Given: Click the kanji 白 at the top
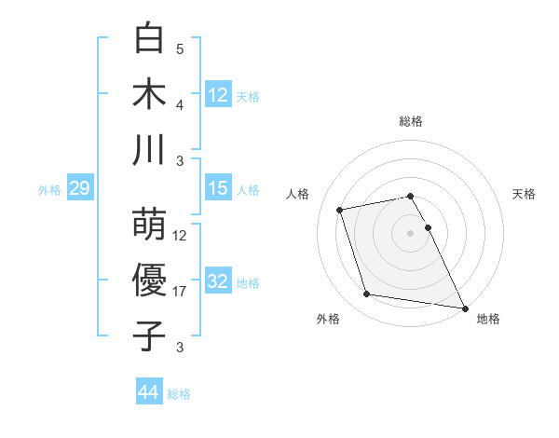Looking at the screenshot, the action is (x=150, y=39).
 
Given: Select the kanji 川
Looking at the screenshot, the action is (x=150, y=151).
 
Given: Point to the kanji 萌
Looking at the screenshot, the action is (x=150, y=225).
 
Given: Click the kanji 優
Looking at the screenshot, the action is (x=150, y=281).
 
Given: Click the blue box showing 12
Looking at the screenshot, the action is (x=218, y=94).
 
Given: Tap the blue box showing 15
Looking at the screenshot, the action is (x=218, y=188).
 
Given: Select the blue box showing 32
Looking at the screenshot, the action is (x=218, y=281).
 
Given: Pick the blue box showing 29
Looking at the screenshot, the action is (x=79, y=189).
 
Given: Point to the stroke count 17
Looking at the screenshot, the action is (x=180, y=292).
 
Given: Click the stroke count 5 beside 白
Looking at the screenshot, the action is (x=180, y=49).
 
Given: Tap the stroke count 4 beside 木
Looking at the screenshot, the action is (x=180, y=105).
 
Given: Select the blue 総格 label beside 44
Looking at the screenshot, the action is (x=180, y=394).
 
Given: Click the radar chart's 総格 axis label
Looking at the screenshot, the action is (x=411, y=121).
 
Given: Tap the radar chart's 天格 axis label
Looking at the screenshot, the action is (x=525, y=194).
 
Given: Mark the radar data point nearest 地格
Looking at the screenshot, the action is (x=464, y=308).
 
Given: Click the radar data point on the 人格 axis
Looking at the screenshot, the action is (x=340, y=209).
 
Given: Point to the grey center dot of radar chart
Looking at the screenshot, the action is (x=411, y=232).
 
